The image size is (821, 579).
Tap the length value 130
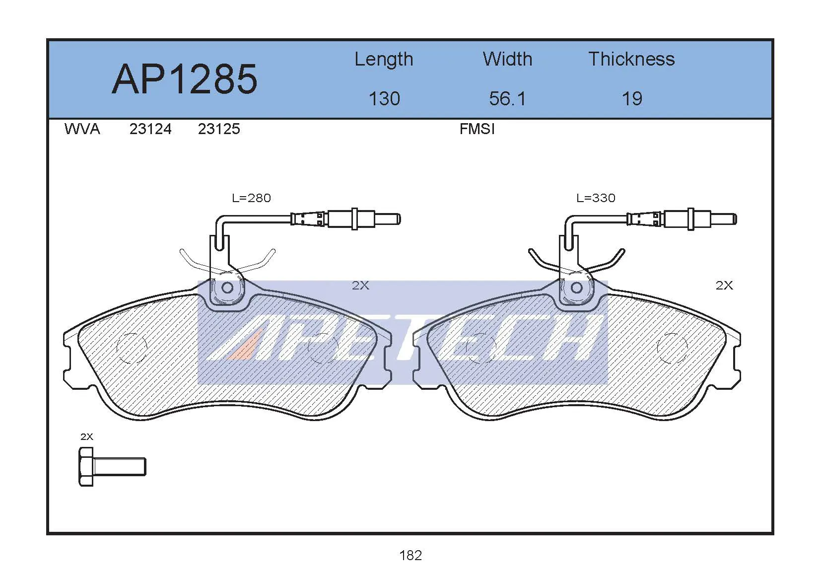click(x=384, y=99)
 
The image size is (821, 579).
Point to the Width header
click(x=507, y=59)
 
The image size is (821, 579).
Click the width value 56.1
click(x=507, y=99)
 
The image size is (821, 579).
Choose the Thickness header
click(x=631, y=59)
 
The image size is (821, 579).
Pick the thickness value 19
click(x=632, y=99)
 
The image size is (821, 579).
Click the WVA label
click(x=82, y=129)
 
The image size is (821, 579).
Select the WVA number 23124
click(x=150, y=129)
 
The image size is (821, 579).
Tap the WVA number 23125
click(x=219, y=129)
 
